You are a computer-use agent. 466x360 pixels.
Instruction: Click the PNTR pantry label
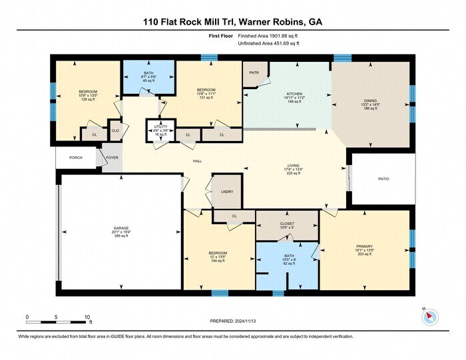click(x=253, y=72)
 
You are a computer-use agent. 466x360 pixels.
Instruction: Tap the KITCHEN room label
click(x=294, y=94)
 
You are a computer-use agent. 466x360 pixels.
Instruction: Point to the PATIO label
click(x=383, y=178)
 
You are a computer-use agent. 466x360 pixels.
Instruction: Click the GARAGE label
click(x=120, y=228)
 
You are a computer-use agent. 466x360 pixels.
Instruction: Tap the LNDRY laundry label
click(x=227, y=192)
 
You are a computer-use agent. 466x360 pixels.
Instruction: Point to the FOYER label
click(x=112, y=158)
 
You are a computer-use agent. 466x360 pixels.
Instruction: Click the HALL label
click(x=197, y=161)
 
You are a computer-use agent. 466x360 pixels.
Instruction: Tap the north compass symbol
click(x=430, y=316)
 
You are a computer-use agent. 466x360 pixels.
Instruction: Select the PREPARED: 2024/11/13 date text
click(x=232, y=320)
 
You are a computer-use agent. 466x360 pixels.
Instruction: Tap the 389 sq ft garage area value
click(x=120, y=236)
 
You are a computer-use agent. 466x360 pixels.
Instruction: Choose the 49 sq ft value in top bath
click(x=148, y=81)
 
